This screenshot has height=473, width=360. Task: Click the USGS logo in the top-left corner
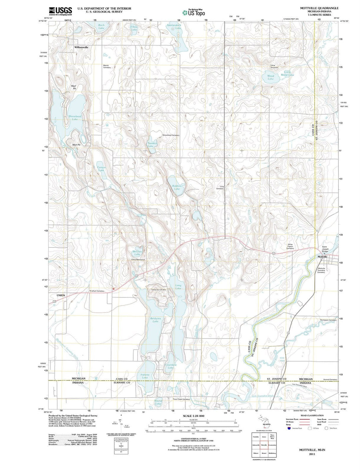coord(60,11)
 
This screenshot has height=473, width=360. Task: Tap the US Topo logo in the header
coord(194,12)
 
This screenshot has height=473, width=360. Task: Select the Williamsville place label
coord(81,48)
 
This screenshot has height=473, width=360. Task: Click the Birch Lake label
coord(101,27)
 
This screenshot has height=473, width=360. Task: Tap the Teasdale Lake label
coord(151,145)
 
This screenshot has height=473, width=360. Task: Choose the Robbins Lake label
coord(177,187)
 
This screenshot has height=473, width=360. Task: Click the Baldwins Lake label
coord(155,320)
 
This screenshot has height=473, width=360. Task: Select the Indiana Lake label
coord(145,376)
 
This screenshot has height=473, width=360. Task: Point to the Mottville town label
coord(322,257)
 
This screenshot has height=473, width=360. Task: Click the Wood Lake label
coord(270,77)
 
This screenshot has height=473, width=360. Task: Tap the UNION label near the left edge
coord(61,296)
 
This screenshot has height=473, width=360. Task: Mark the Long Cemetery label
coord(220,187)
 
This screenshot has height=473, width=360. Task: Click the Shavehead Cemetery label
coord(171,135)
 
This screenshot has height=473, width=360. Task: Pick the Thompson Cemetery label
coord(328,320)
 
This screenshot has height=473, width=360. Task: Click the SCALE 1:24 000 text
coord(193,416)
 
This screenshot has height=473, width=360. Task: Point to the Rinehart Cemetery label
coord(97,291)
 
